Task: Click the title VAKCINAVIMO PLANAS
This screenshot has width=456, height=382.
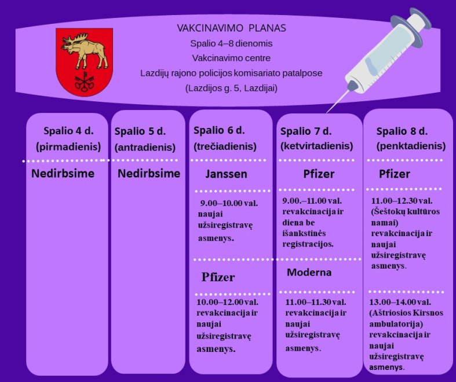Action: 232,28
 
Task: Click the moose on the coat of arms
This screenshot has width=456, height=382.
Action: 85,50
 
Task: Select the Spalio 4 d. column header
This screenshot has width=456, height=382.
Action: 68,131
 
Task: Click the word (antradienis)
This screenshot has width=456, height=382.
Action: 145,147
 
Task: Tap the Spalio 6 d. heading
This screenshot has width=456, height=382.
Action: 219,130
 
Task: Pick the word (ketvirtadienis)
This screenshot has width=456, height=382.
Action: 317,146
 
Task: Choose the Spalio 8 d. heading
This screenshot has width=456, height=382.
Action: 402,131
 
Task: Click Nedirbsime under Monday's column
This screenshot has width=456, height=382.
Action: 63,174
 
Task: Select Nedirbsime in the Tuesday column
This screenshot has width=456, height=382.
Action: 149,174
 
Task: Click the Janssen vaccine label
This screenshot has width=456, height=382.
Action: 226,174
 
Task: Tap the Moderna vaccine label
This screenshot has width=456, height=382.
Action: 309,272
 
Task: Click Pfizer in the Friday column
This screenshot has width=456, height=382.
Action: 395,174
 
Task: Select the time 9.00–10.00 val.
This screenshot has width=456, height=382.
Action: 229,203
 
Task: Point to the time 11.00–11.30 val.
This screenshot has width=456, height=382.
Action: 316,302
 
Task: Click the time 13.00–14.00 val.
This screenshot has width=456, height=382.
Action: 400,302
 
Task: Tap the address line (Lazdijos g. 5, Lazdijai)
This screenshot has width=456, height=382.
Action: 232,88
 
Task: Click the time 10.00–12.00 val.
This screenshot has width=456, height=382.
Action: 227,302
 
